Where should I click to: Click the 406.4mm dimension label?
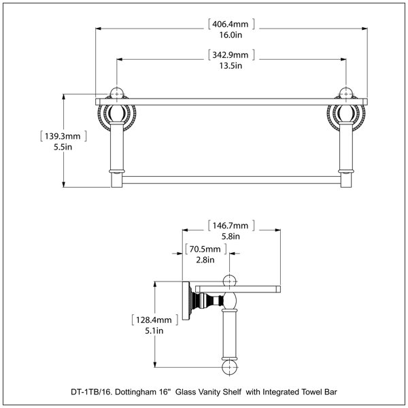coord(231,24)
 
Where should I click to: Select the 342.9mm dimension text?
coord(231,55)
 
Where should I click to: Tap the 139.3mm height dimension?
coord(63,137)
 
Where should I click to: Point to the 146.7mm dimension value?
coord(231,225)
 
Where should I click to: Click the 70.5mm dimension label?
coord(205,249)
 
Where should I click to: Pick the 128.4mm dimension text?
coord(154,320)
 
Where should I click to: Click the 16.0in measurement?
coord(231,35)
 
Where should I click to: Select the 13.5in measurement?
coord(231,65)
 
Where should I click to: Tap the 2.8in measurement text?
coord(205,260)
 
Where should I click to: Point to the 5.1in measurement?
coord(154,330)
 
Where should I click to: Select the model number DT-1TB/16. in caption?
coord(92,392)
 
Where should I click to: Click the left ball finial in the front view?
coord(117,93)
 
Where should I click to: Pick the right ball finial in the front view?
coord(346,93)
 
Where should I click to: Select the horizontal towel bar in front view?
coord(231,180)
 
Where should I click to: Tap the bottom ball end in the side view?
coord(230,367)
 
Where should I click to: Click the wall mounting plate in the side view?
coord(186,301)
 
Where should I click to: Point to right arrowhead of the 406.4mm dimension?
coord(364,29)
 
